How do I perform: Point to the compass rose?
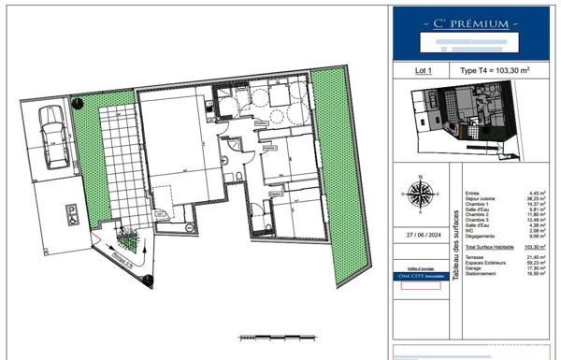[417, 194]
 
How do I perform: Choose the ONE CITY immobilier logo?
[418, 276]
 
